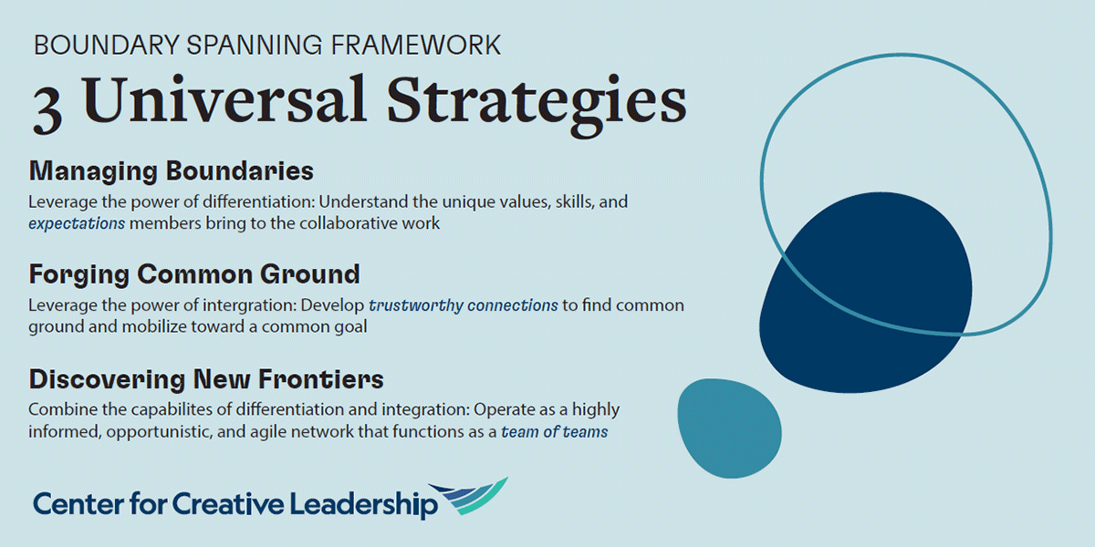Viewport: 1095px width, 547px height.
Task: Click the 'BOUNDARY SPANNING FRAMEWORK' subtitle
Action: point(267,45)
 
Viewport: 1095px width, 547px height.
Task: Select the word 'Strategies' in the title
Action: point(537,105)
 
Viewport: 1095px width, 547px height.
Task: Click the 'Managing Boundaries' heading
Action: point(172,171)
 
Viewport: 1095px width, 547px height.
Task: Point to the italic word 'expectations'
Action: point(77,223)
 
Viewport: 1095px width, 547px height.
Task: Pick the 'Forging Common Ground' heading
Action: point(194,274)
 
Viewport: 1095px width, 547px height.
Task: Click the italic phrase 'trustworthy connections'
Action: point(463,305)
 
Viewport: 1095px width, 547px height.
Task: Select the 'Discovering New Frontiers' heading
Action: point(206,379)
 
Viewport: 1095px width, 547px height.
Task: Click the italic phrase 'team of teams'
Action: point(555,432)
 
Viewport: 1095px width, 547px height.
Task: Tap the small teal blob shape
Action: point(729,428)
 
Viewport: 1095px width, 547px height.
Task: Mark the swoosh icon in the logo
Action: point(469,496)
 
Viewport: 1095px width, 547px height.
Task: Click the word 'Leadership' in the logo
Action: point(364,504)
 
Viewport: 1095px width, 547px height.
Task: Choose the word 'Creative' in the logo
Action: point(228,503)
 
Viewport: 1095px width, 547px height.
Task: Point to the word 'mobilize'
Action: point(154,326)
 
